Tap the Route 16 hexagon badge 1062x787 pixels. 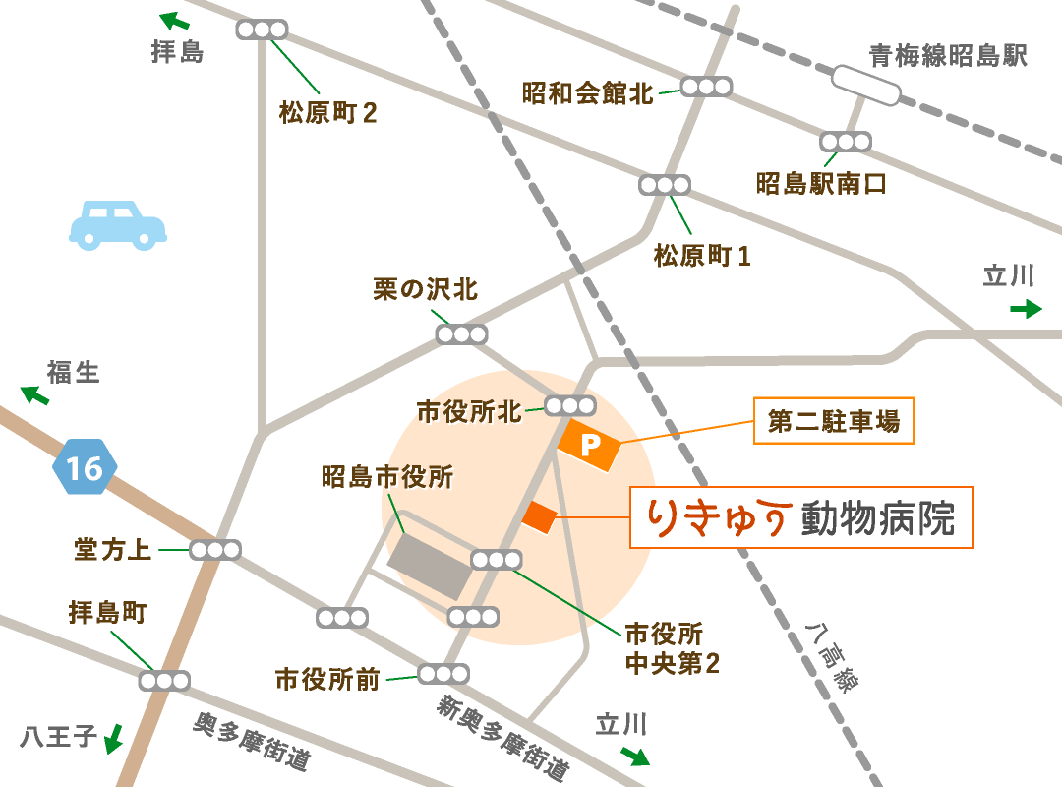pyautogui.click(x=86, y=467)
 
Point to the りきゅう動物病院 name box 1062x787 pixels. pyautogui.click(x=800, y=517)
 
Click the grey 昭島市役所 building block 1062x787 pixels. pyautogui.click(x=429, y=568)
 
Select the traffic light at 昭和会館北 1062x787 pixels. pyautogui.click(x=706, y=87)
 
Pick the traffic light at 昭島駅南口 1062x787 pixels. pyautogui.click(x=847, y=142)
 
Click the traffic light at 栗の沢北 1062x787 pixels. pyautogui.click(x=461, y=334)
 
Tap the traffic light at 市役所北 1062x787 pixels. pyautogui.click(x=570, y=405)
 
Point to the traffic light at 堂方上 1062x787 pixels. pyautogui.click(x=215, y=550)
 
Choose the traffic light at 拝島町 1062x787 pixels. pyautogui.click(x=163, y=680)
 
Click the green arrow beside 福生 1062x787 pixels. pyautogui.click(x=35, y=395)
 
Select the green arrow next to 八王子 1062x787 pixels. pyautogui.click(x=114, y=738)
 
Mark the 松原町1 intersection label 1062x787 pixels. pyautogui.click(x=702, y=257)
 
